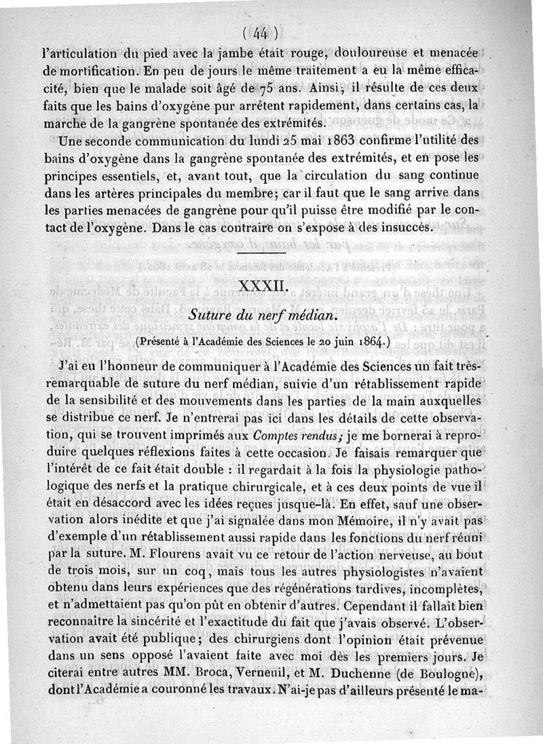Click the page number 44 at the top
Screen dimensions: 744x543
point(261,32)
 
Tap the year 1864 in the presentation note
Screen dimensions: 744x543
point(369,340)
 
